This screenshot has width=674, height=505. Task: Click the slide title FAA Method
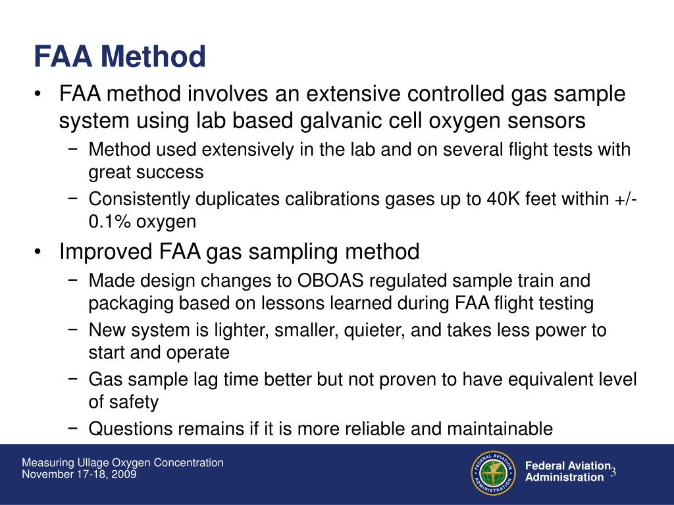click(120, 57)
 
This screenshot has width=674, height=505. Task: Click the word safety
click(135, 402)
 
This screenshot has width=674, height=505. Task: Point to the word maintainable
click(500, 429)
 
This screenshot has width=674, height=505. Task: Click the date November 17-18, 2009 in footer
click(80, 474)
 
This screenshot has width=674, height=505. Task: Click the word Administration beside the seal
click(564, 478)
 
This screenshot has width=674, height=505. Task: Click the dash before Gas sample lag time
click(74, 379)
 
